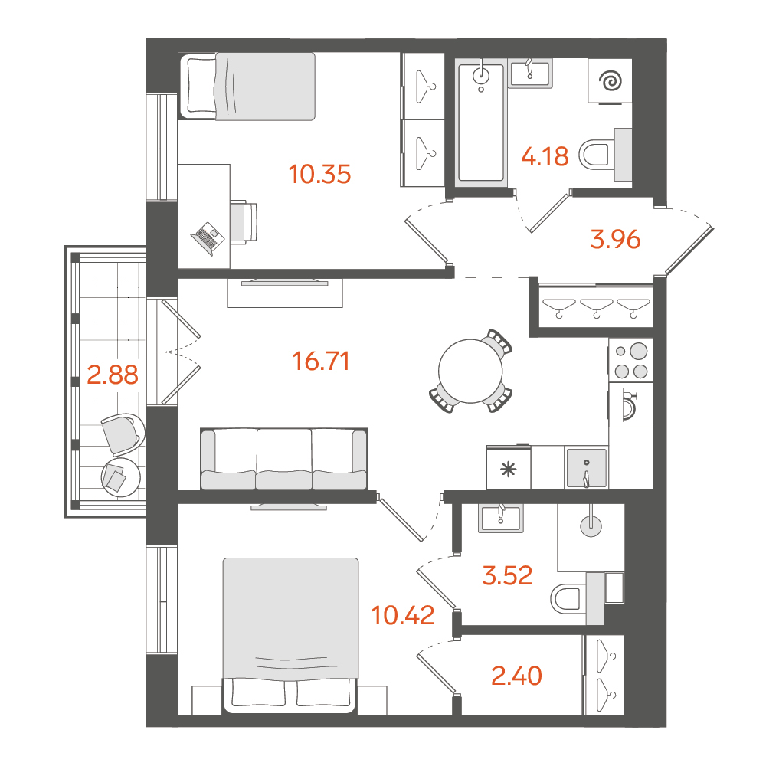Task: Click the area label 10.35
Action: (x=319, y=175)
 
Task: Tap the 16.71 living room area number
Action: (x=320, y=362)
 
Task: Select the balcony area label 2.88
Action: (x=113, y=375)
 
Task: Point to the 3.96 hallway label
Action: (x=615, y=239)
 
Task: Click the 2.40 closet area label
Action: (x=516, y=676)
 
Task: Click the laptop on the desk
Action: (x=208, y=238)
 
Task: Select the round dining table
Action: (x=470, y=371)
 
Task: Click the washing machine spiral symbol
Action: (x=611, y=81)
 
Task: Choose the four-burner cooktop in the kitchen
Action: (x=630, y=361)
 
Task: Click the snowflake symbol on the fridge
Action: (x=509, y=470)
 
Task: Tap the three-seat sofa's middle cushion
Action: (x=284, y=459)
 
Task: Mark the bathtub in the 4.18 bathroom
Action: (x=481, y=123)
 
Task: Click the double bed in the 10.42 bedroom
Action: (x=290, y=635)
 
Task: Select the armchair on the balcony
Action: (x=123, y=434)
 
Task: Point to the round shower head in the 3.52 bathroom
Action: (x=591, y=525)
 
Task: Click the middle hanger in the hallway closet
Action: (x=596, y=307)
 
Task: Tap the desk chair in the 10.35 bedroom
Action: (x=244, y=221)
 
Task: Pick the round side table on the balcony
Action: (x=120, y=476)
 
